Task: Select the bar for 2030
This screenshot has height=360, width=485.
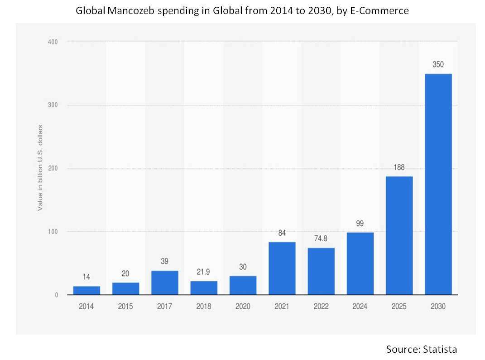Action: click(x=438, y=184)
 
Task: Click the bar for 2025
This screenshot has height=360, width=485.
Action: click(x=399, y=235)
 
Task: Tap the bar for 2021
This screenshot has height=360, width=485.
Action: click(x=282, y=268)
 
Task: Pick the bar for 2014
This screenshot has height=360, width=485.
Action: click(x=86, y=291)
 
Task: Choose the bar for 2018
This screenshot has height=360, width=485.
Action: click(x=204, y=288)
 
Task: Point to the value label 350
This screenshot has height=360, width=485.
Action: click(x=438, y=65)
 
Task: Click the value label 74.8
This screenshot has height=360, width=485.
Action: click(x=321, y=239)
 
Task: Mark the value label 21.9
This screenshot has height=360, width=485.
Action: click(x=204, y=272)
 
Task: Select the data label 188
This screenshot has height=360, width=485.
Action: click(x=399, y=167)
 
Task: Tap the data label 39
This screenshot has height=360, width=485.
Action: click(x=165, y=262)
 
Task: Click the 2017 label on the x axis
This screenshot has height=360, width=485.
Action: click(x=165, y=306)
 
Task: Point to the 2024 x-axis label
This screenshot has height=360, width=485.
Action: click(x=360, y=306)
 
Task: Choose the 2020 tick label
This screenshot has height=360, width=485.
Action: click(x=243, y=306)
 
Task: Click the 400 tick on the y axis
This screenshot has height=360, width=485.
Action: click(x=53, y=42)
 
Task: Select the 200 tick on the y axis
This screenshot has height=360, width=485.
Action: click(x=53, y=169)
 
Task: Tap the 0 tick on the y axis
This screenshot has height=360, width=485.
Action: click(x=57, y=295)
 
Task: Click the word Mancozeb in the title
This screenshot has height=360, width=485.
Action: click(x=131, y=11)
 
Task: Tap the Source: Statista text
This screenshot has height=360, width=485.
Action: click(x=421, y=349)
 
